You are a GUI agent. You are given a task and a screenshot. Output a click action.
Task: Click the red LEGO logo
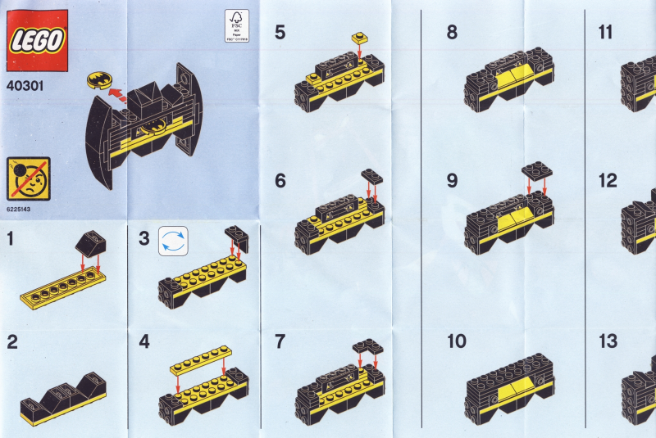pos(37,38)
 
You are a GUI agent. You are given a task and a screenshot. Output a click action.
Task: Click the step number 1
pos(11,239)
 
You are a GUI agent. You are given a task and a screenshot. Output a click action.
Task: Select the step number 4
pos(145,341)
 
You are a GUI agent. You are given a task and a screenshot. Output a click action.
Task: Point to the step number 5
pos(280,33)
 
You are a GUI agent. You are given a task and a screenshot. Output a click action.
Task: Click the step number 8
pos(452,33)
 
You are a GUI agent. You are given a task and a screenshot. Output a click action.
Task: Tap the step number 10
pos(457,341)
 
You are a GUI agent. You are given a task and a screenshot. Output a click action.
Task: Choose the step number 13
pos(608,341)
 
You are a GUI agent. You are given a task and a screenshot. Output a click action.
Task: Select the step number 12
pos(608,181)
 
